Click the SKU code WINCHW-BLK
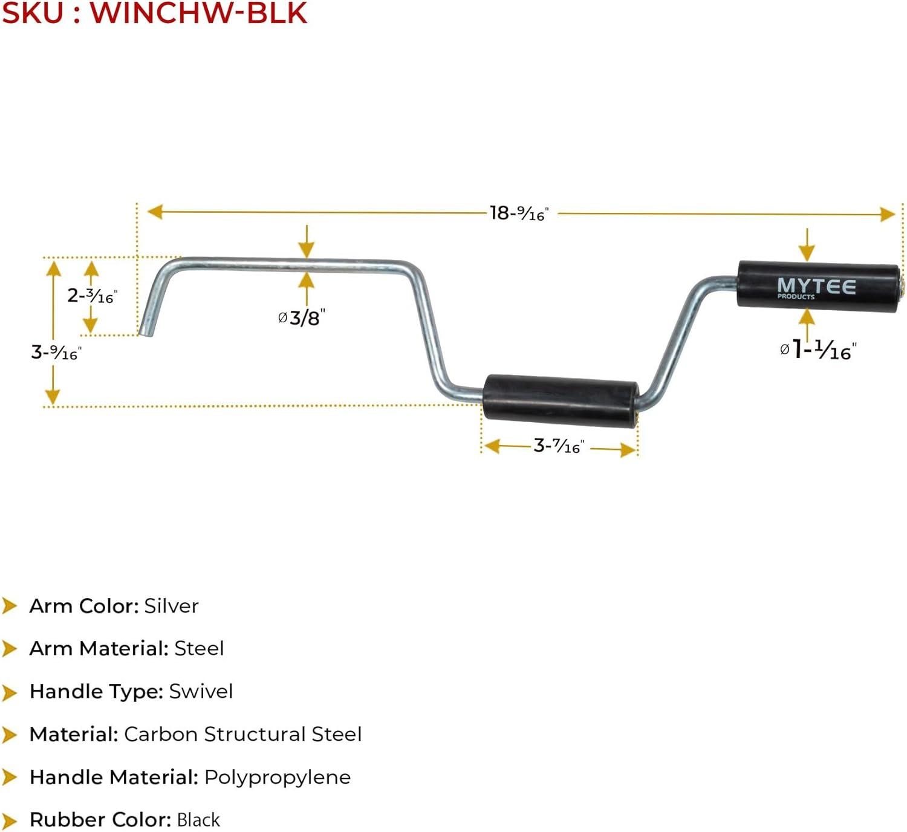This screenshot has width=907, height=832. tap(199, 13)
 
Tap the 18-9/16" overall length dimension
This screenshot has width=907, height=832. tap(519, 213)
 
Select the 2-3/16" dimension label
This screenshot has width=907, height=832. tap(92, 296)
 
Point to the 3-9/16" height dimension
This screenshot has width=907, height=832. tap(56, 352)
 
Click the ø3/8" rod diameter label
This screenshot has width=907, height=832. tap(301, 317)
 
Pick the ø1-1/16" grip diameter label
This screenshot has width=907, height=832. tap(818, 349)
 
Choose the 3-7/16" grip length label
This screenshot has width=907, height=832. tap(558, 446)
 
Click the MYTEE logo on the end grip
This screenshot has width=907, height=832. tap(816, 287)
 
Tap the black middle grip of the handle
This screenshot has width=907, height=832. tap(561, 398)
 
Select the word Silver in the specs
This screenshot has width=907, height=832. tap(172, 606)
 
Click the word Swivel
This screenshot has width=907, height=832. tap(201, 691)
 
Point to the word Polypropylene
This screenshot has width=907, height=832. tap(278, 777)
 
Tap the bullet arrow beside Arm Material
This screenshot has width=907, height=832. tap(10, 649)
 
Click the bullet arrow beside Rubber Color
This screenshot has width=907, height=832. tap(10, 821)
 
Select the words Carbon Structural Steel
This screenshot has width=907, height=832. tap(242, 734)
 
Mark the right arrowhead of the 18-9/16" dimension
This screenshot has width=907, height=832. tap(888, 214)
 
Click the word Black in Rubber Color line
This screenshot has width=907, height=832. tap(198, 820)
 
